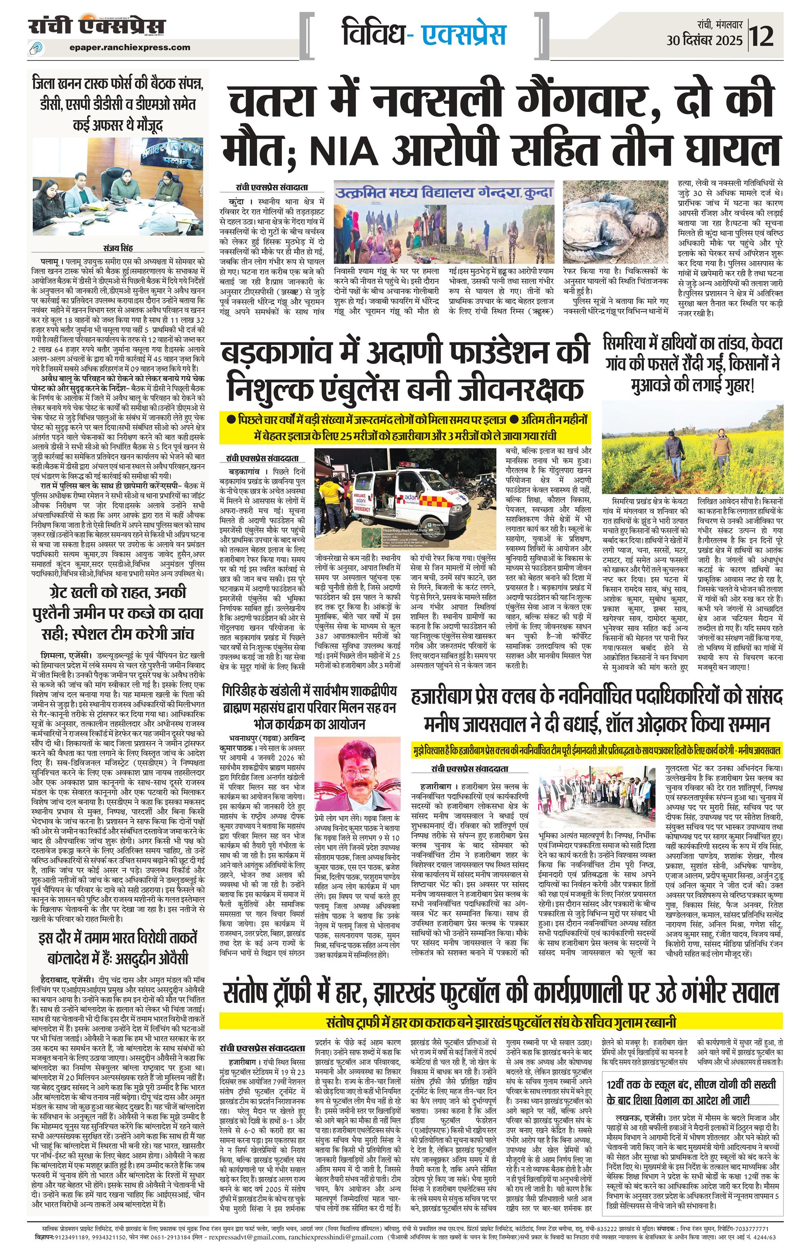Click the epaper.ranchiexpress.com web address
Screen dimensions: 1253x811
click(x=130, y=47)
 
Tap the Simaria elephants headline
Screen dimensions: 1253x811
click(x=693, y=365)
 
